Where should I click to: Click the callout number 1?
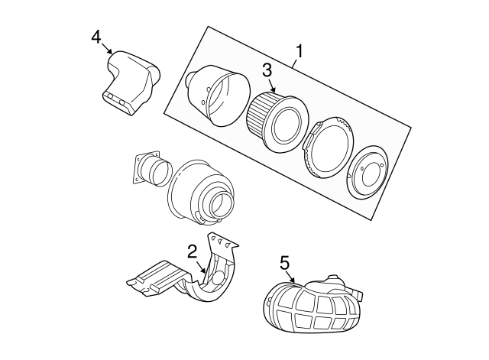[x=300, y=52]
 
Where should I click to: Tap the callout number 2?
[x=193, y=249]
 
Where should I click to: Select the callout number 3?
[x=267, y=70]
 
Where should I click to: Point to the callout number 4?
[x=96, y=36]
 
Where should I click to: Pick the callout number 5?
[x=284, y=262]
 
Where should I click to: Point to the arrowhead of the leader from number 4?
[x=113, y=53]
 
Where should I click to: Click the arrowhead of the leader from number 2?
[x=206, y=273]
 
